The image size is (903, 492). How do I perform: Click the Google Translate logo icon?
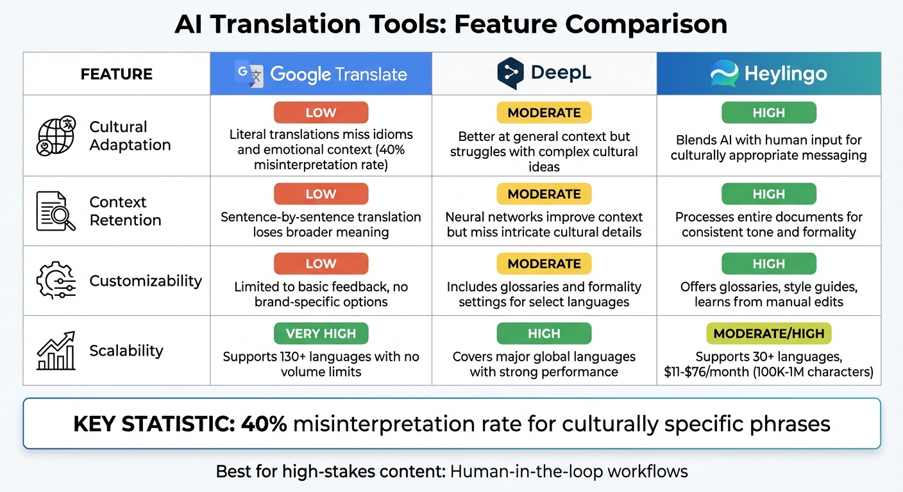pos(249,74)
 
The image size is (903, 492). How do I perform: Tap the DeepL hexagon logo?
pos(511,74)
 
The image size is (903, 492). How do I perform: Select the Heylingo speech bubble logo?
pos(725,74)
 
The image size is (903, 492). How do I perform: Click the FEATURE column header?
pos(117,74)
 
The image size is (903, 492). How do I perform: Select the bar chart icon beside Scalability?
pos(56,350)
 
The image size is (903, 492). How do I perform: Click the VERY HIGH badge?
pos(321,334)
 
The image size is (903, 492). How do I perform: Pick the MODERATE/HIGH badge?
pos(768,334)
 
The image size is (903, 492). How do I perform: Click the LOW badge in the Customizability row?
pos(321,263)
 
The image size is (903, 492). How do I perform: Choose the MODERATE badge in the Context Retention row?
pos(544,194)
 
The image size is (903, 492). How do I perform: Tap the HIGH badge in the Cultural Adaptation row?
pos(768,113)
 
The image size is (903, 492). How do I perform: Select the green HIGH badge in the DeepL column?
pos(544,334)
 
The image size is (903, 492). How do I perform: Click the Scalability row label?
pos(126,350)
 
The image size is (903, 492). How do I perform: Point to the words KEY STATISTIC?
pos(153,423)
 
